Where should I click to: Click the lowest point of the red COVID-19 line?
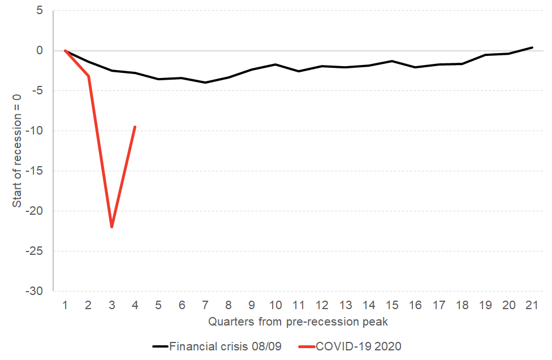tap(111, 227)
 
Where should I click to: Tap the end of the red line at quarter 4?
tap(135, 127)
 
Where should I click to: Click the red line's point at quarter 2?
tap(88, 76)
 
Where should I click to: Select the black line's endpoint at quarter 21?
tap(532, 47)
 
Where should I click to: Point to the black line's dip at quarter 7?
tap(205, 83)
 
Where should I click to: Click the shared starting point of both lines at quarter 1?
tap(65, 50)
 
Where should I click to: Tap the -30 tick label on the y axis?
tap(34, 291)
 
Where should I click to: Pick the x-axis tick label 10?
tap(275, 305)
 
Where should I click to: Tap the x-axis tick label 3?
tap(111, 305)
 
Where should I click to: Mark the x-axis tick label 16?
tap(416, 305)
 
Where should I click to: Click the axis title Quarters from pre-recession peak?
tap(297, 322)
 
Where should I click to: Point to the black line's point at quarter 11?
tap(299, 71)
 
